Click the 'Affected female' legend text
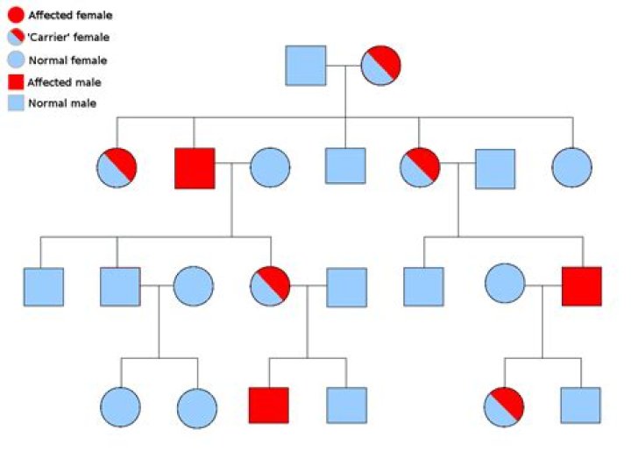click(x=70, y=15)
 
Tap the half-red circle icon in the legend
click(x=16, y=37)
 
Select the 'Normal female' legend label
click(x=67, y=60)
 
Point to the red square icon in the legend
click(x=16, y=82)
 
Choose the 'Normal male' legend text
click(x=62, y=103)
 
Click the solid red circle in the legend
click(x=16, y=15)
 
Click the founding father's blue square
click(x=306, y=66)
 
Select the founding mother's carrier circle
click(x=380, y=66)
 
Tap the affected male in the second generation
click(x=195, y=168)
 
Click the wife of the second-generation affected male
click(x=270, y=167)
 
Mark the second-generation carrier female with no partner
click(x=117, y=167)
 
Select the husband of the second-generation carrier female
click(x=495, y=169)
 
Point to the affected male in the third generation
click(x=582, y=286)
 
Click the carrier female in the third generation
click(x=270, y=285)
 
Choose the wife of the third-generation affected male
click(x=505, y=284)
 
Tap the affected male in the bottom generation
click(x=269, y=405)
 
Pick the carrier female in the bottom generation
click(x=504, y=407)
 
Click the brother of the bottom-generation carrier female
click(x=581, y=405)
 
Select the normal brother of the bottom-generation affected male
click(x=347, y=405)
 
